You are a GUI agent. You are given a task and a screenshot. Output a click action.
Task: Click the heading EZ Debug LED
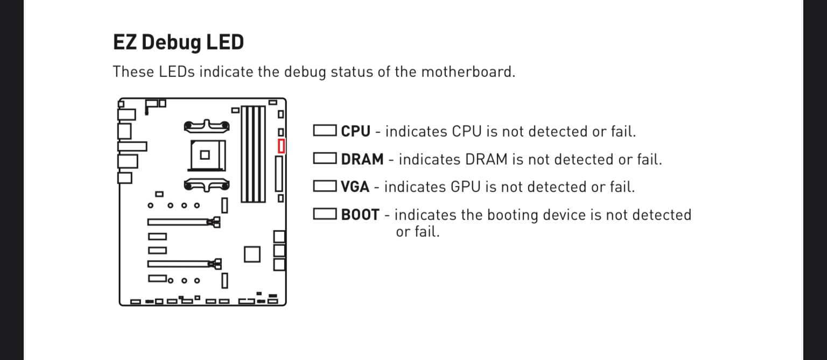[178, 42]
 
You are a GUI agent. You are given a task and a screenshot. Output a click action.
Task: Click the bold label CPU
[355, 131]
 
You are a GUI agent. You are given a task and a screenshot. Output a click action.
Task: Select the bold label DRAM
[362, 159]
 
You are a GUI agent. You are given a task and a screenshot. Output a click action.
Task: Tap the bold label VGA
[355, 187]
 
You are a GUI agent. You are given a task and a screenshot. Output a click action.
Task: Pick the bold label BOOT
[360, 215]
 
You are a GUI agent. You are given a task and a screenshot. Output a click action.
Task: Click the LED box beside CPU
[325, 131]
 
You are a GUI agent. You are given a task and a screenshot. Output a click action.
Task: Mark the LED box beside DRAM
[325, 158]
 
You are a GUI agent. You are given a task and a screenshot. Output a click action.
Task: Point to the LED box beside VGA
[325, 186]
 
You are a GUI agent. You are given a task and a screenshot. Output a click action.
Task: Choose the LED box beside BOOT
[325, 214]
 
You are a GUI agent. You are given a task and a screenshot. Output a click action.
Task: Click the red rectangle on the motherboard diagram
[281, 146]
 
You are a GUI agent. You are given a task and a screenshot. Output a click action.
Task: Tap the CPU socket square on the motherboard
[205, 155]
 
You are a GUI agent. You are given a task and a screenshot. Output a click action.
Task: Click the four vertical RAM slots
[253, 154]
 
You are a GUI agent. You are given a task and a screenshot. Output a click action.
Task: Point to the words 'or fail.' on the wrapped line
[418, 232]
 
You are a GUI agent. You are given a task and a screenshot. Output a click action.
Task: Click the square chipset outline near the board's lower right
[252, 254]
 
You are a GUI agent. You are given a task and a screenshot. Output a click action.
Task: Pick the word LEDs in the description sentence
[177, 72]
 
